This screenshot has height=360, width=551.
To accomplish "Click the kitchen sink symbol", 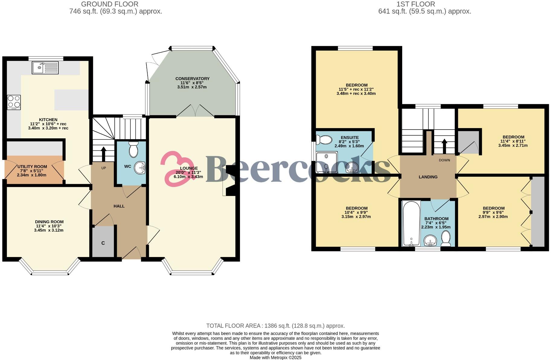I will click(45, 68).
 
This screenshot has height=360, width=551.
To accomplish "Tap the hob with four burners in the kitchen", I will click(14, 102).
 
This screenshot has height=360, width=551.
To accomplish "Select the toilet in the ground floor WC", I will click(133, 149).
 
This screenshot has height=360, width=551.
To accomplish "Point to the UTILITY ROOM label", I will click(32, 166).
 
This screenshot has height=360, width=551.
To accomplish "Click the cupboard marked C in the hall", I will click(103, 242).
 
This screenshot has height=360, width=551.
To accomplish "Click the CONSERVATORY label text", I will click(192, 79).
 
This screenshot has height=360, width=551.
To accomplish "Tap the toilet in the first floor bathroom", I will click(446, 238).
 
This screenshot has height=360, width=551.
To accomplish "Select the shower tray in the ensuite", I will click(327, 162).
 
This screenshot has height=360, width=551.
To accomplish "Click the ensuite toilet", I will click(324, 140).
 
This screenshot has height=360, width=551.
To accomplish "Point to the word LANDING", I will click(428, 177).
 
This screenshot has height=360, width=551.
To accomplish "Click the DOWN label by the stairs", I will click(444, 160).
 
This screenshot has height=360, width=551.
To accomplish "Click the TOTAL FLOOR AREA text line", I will click(275, 326).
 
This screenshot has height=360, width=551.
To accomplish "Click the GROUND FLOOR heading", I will click(110, 4).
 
